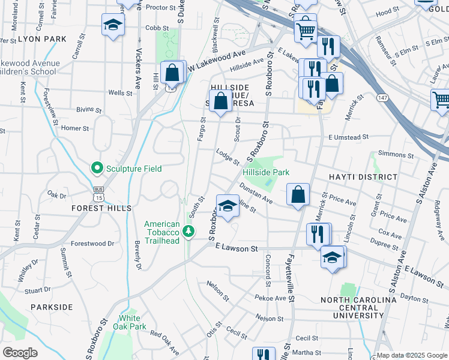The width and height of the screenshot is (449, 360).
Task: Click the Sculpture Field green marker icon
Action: coord(96,168)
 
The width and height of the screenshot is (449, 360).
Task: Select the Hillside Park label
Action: coord(266,172)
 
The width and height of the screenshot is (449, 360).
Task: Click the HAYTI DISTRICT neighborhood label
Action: coord(363,177)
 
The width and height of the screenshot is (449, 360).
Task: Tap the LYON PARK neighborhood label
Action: coord(42,38)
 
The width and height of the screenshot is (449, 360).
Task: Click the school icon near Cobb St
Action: coord(113,25)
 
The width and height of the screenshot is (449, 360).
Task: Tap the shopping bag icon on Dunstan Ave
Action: coord(298,194)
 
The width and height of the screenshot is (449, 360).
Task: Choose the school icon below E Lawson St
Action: coord(333,257)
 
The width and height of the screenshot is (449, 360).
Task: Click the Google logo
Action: coord(20,353)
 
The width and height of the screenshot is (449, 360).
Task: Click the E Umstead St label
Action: coord(348,138)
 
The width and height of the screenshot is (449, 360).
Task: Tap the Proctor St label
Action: coord(159,8)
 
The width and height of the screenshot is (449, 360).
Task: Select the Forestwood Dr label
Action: coord(92,244)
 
